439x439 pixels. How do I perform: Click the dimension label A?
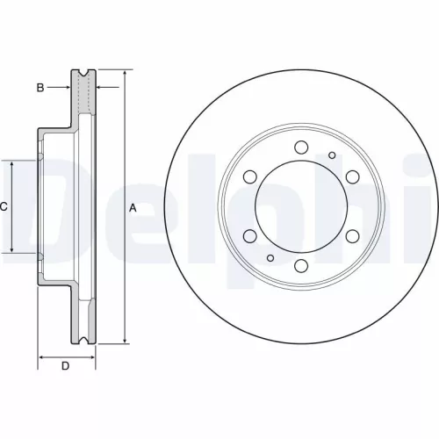[133, 208]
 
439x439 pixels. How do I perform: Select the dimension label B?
[40, 87]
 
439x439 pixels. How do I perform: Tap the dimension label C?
[4, 207]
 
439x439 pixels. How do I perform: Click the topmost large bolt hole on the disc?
[301, 147]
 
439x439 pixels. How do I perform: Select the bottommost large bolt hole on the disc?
[301, 266]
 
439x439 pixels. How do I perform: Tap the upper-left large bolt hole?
[249, 176]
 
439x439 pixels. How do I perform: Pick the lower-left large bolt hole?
[249, 236]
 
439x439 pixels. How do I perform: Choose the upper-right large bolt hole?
[353, 176]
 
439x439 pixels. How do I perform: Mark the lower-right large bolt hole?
[353, 236]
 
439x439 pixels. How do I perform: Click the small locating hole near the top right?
[331, 155]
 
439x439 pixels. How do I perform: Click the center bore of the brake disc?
[301, 206]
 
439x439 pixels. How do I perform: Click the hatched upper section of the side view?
[85, 97]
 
